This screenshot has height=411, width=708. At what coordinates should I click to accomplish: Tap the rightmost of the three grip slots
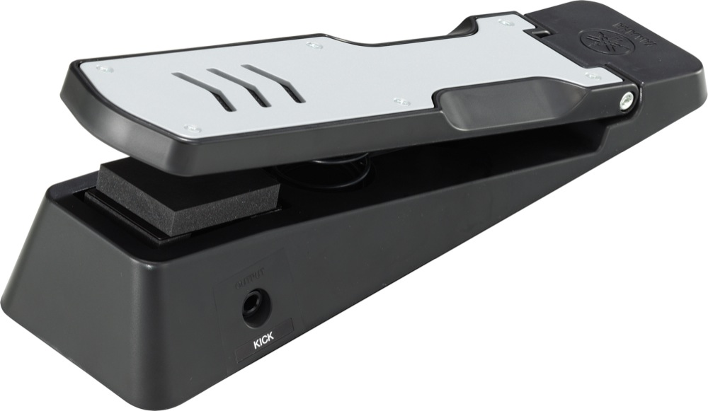coord(273,83)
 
